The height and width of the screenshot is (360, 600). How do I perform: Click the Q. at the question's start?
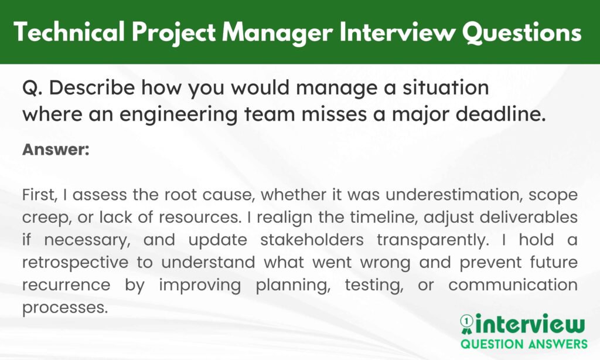(31, 88)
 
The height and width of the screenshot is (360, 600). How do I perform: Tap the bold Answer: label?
(56, 150)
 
